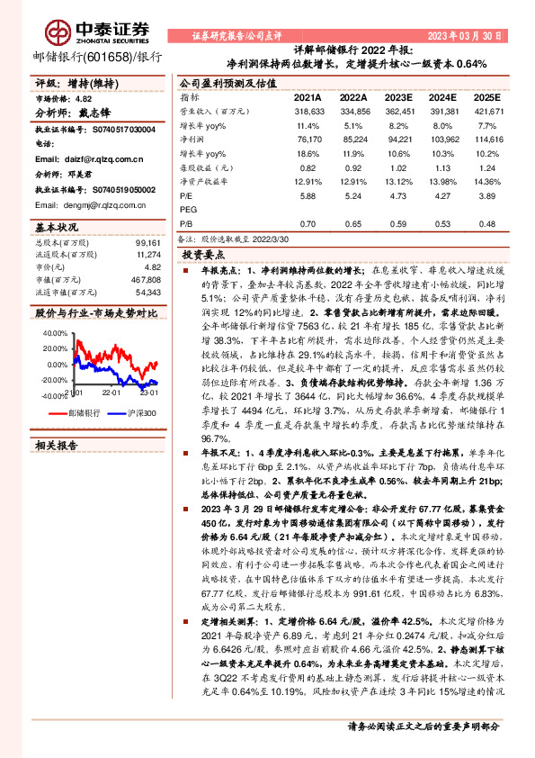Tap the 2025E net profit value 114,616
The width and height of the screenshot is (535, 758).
486,140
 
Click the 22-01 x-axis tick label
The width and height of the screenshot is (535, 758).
111,393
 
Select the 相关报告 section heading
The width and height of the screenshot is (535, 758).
59,445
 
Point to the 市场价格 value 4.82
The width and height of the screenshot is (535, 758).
83,97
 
